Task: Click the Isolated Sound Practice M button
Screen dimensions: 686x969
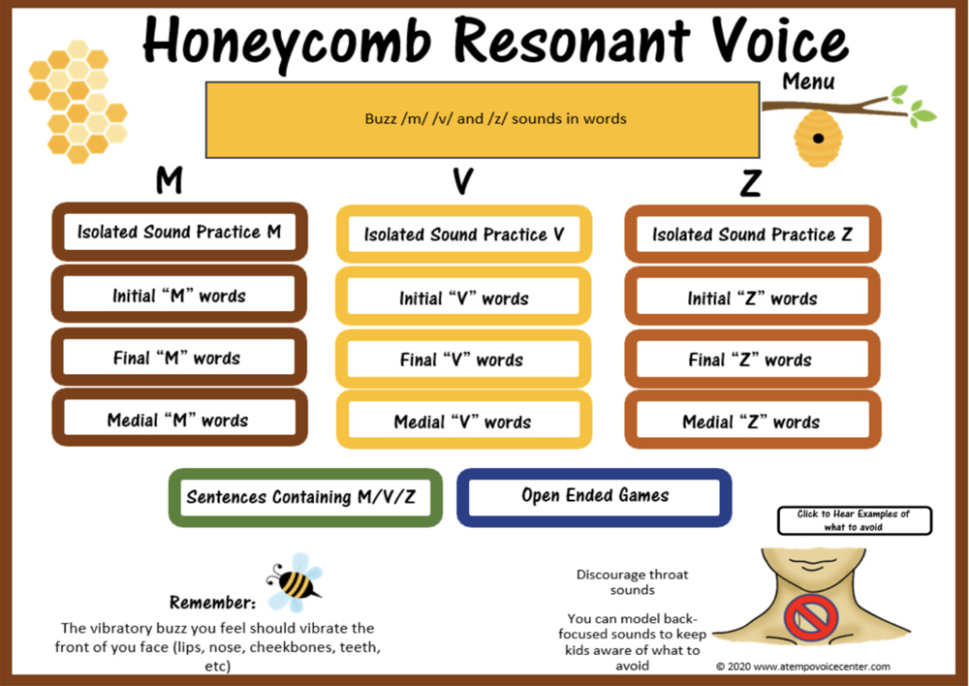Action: point(179,233)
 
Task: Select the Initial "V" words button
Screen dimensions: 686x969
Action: point(463,298)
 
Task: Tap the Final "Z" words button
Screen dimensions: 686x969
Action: point(751,360)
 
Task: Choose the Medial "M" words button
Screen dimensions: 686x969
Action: point(178,421)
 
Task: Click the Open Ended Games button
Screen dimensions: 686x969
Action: point(595,496)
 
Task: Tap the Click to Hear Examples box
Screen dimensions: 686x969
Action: point(854,520)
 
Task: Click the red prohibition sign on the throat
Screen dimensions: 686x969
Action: point(811,618)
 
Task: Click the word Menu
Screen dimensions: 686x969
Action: point(808,81)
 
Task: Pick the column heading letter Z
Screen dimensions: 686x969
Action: point(750,182)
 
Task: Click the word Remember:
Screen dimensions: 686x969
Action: point(212,602)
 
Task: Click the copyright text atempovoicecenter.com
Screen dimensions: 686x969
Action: point(803,667)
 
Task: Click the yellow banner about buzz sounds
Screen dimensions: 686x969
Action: point(482,119)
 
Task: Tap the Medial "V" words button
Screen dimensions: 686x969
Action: point(463,422)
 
